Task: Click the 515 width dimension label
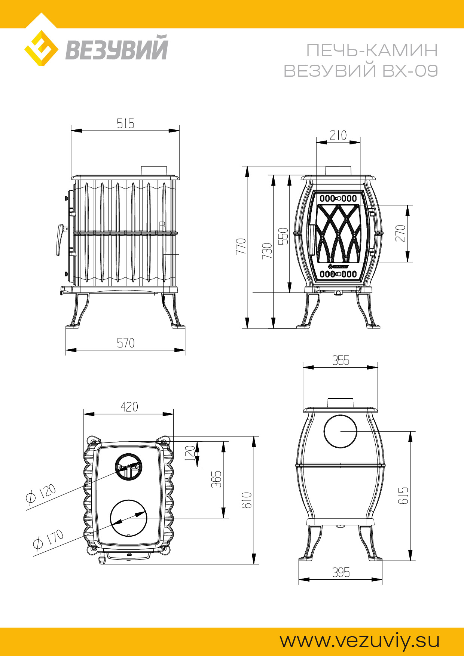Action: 125,123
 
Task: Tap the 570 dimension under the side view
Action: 125,343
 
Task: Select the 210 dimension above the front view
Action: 338,135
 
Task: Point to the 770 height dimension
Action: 241,246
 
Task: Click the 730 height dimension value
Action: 267,251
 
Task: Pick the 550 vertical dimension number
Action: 283,236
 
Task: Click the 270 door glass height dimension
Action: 400,233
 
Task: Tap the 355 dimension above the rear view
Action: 341,361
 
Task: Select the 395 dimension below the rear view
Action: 341,573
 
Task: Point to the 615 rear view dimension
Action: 403,496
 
